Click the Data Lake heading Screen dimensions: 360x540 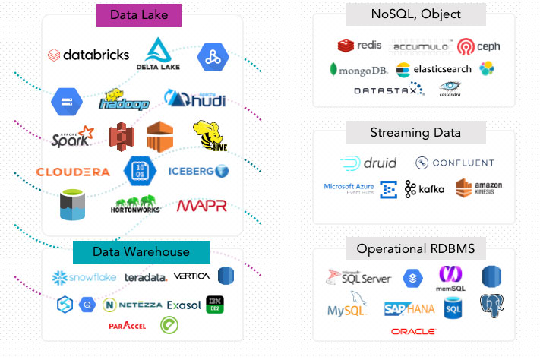138,14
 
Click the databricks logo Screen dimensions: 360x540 88,55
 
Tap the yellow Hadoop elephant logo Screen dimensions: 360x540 125,99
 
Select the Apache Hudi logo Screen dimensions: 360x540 194,99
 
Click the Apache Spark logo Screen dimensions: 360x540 73,137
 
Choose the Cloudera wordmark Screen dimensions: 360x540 73,172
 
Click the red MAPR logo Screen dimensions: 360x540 201,206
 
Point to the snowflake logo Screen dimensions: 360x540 84,277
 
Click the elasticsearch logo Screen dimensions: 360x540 434,69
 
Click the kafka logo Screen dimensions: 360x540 425,189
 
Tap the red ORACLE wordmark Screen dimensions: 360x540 413,331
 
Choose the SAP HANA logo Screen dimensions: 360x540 411,308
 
